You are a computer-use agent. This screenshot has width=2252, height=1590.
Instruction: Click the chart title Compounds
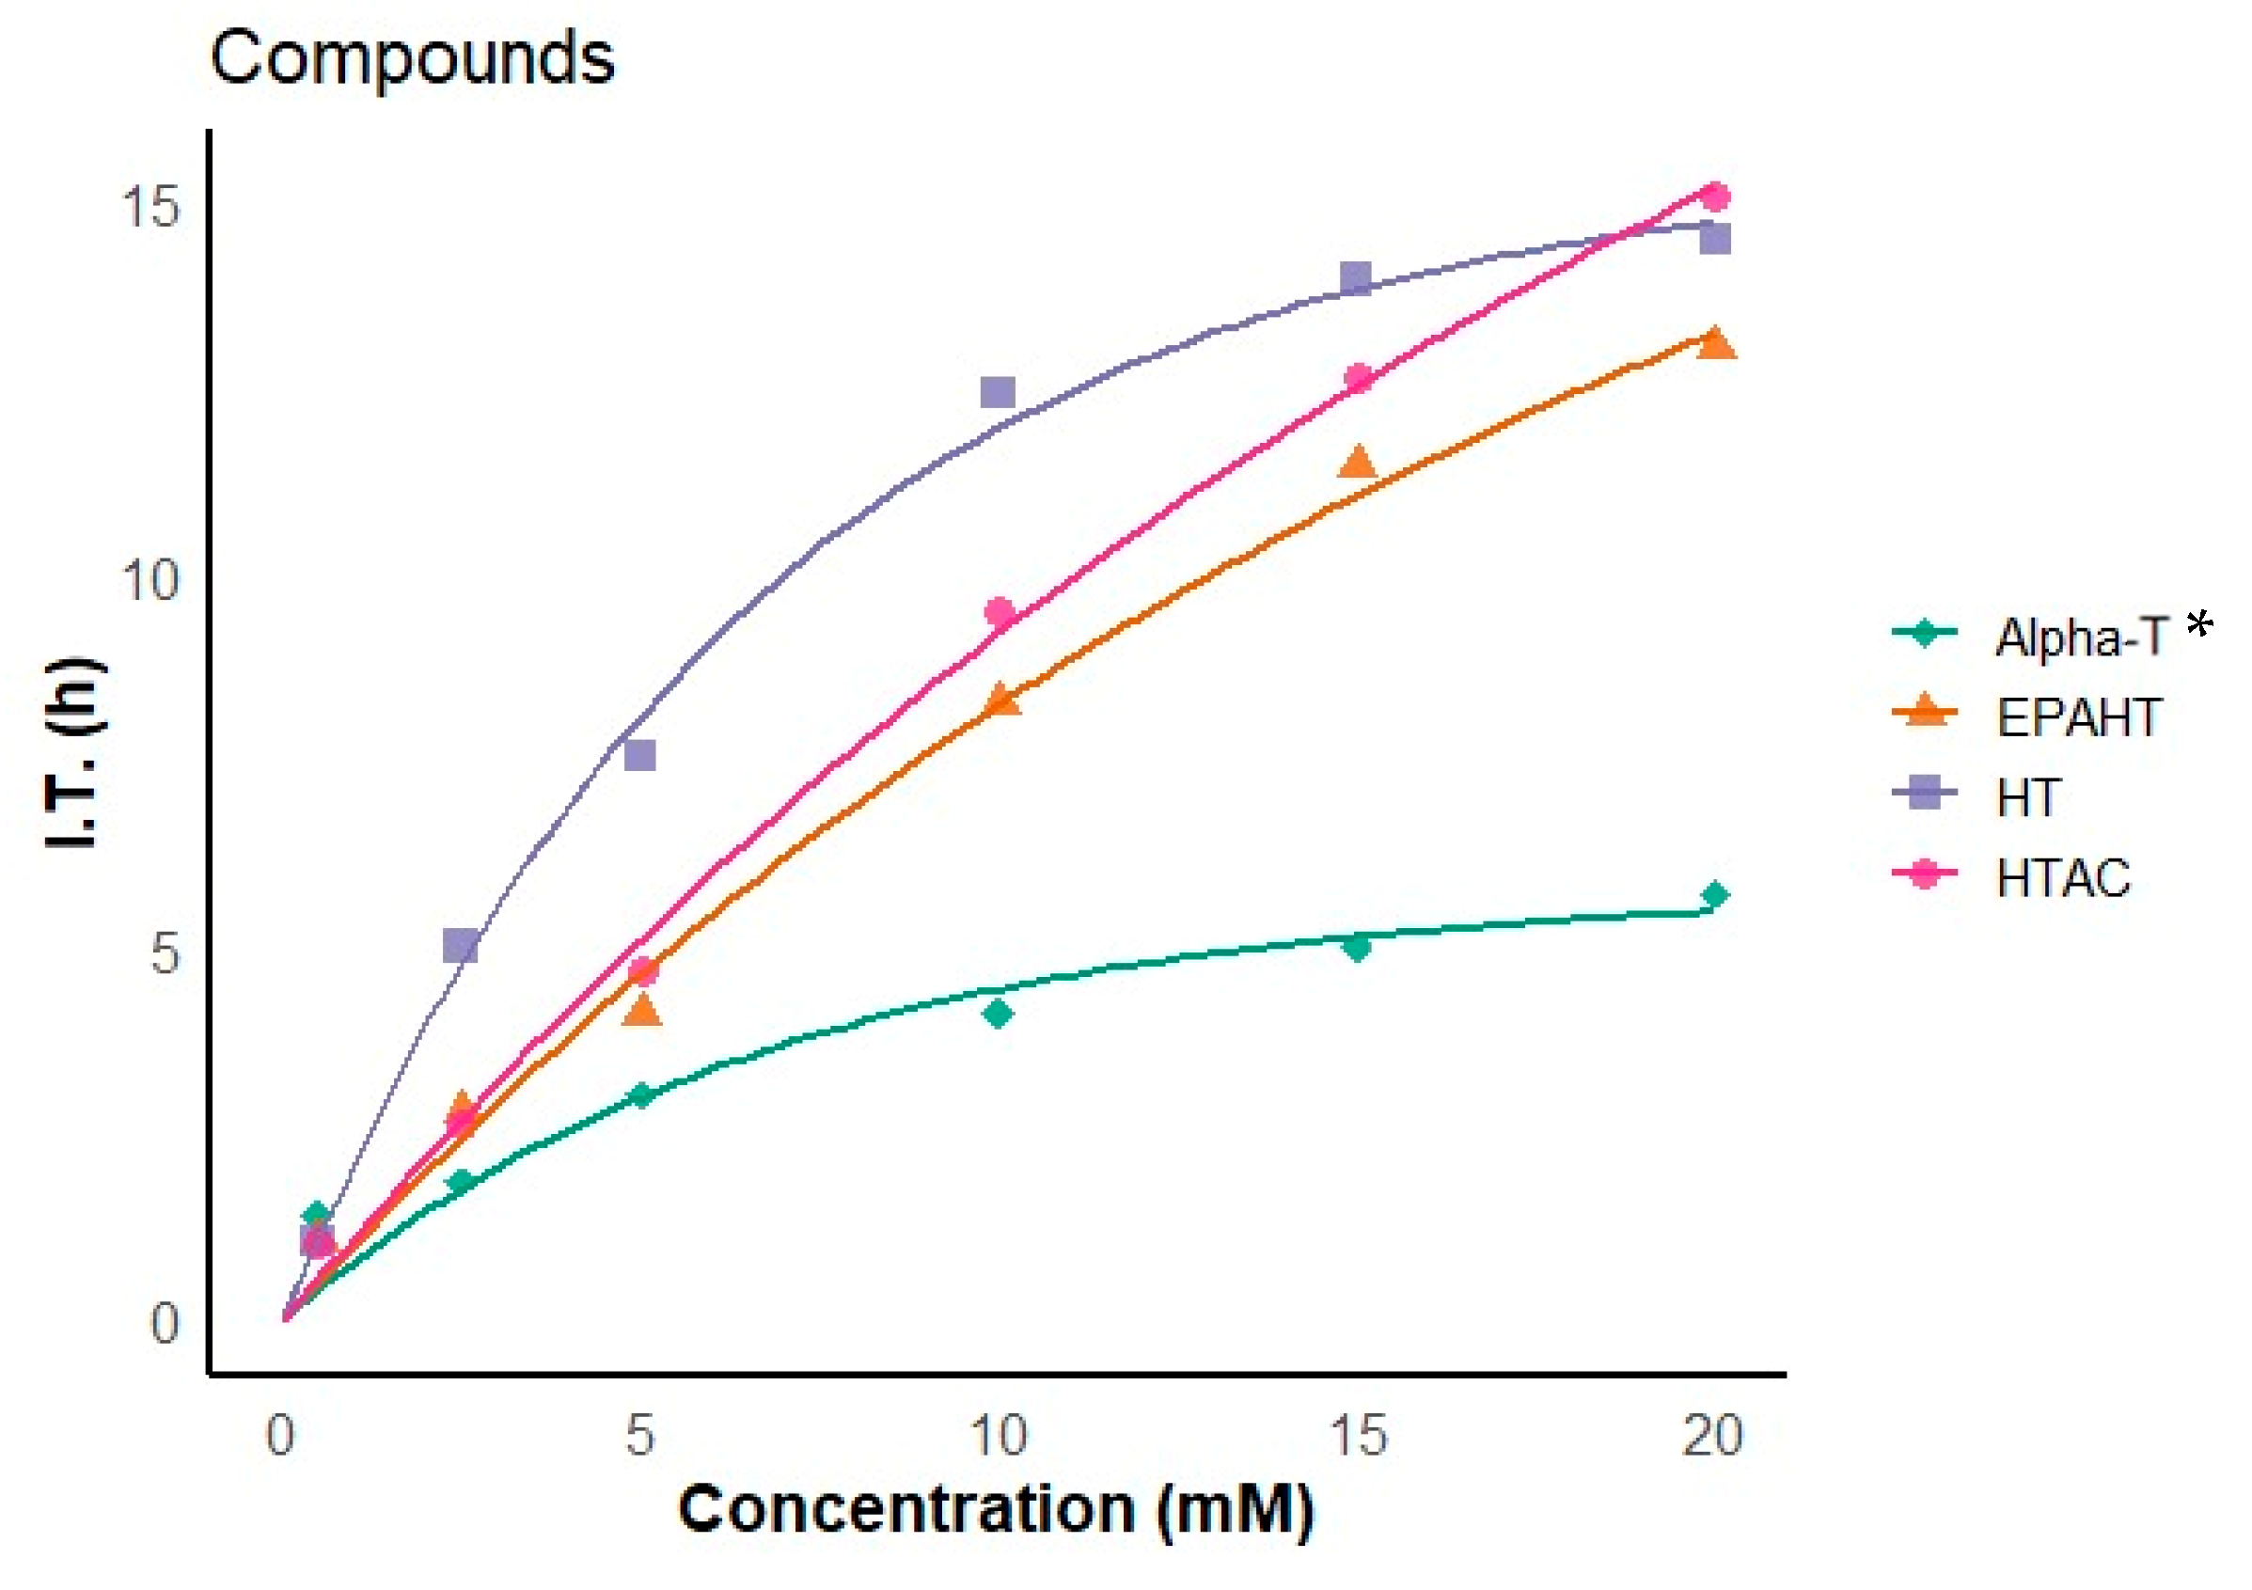(412, 59)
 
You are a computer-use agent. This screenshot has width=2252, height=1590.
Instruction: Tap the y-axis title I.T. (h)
(74, 753)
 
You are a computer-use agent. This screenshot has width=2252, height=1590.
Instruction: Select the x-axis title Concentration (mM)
(996, 1508)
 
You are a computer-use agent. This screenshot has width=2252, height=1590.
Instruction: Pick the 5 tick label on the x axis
(639, 1436)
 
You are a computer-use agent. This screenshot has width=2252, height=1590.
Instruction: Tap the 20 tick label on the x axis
(1712, 1436)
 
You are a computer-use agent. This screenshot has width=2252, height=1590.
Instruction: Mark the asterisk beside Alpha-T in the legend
(2200, 622)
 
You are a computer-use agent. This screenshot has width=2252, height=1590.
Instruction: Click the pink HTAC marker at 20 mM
(1714, 197)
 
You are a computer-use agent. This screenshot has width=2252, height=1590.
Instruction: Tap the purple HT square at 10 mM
(998, 392)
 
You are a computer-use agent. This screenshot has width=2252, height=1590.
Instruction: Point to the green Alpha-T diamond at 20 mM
(1714, 894)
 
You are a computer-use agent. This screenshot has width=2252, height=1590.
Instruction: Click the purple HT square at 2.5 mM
(460, 946)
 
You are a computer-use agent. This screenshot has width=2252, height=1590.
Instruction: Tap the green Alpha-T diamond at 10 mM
(998, 1014)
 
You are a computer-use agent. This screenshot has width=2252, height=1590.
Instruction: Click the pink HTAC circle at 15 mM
(1358, 378)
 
